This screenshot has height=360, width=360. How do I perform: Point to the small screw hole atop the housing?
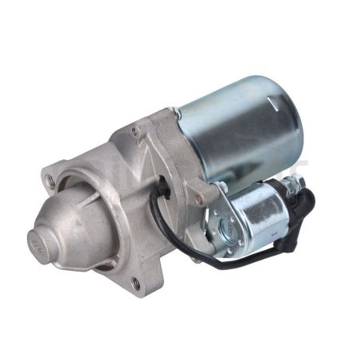[135, 130]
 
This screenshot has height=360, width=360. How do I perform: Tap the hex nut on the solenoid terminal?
[295, 186]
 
